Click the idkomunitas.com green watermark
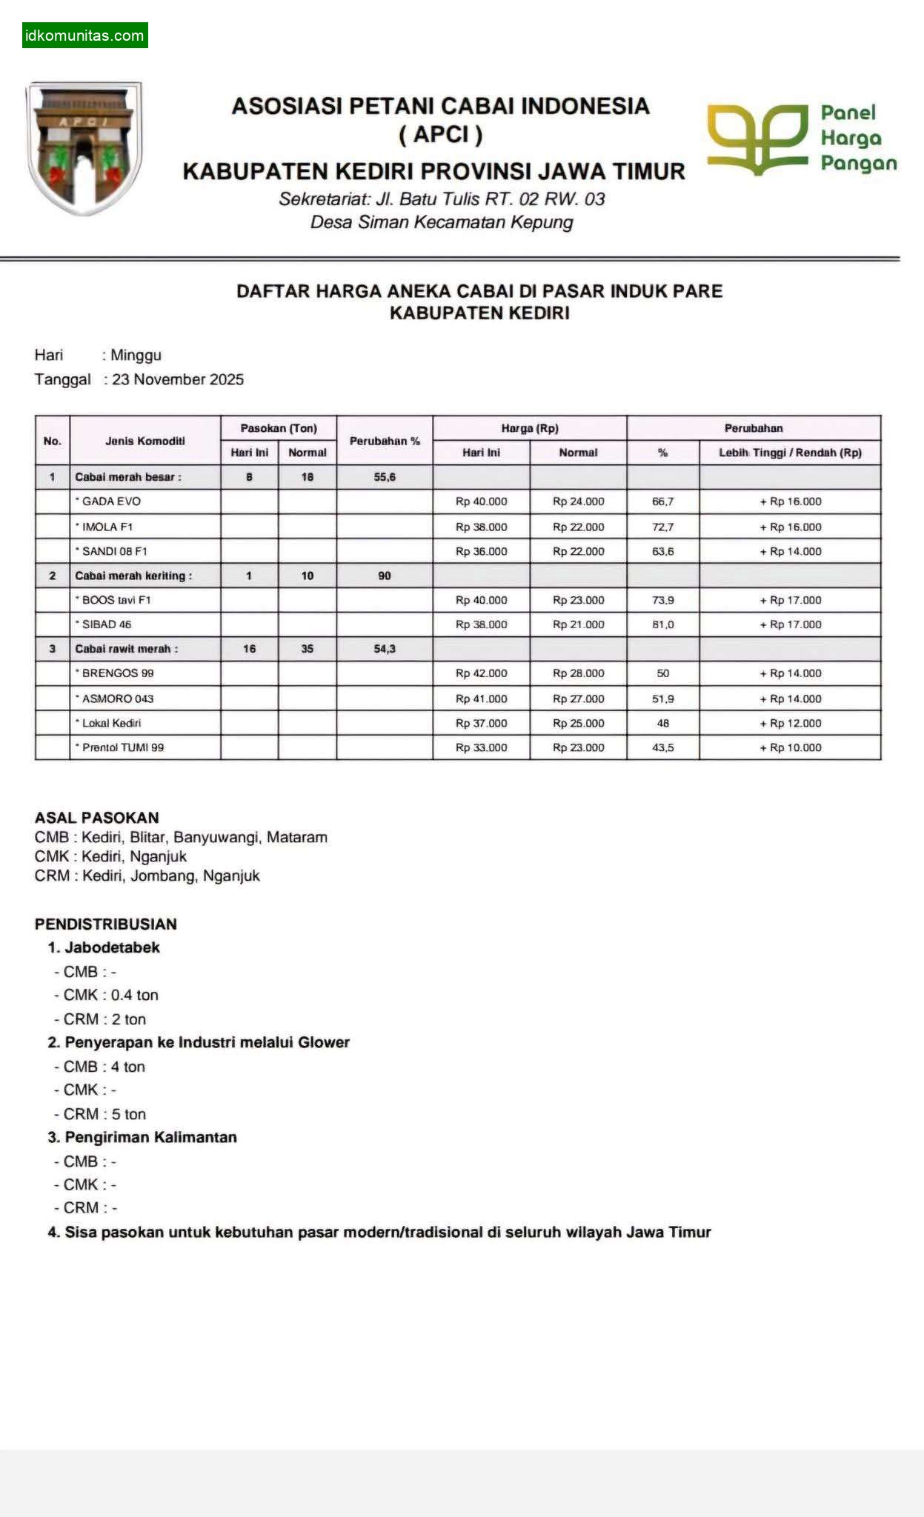click(x=84, y=36)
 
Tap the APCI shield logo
click(x=84, y=148)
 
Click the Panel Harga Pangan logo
click(x=801, y=139)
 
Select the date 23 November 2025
click(x=178, y=379)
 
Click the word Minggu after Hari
click(x=136, y=355)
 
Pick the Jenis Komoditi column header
click(x=145, y=441)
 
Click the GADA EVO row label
click(x=111, y=501)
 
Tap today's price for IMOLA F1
click(x=481, y=527)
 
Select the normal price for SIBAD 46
click(x=578, y=624)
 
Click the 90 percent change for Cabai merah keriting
click(x=384, y=576)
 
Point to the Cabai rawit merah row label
click(x=126, y=649)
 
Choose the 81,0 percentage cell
click(x=662, y=624)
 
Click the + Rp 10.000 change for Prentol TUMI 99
click(x=790, y=747)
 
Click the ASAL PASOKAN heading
click(x=96, y=818)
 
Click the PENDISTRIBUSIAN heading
click(x=105, y=924)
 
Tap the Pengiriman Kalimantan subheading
click(x=150, y=1137)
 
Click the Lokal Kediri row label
click(x=111, y=723)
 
